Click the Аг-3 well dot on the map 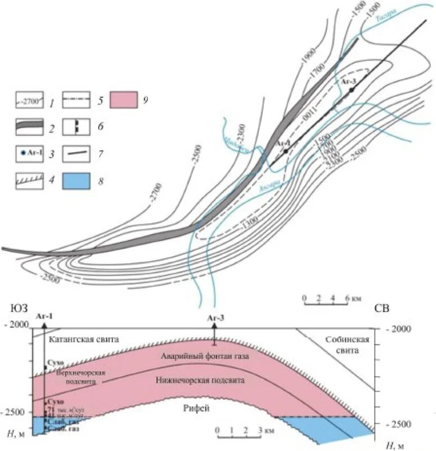point(352,90)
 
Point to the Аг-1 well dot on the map point(286,151)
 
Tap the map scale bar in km point(325,303)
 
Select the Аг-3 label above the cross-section point(216,318)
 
